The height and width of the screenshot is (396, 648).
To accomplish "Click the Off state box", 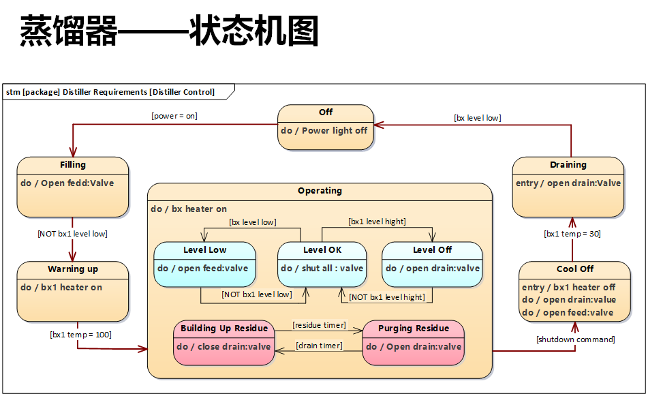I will [326, 127].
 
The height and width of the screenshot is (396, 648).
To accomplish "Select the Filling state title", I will [72, 165].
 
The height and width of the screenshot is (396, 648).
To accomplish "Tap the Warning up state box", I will [72, 291].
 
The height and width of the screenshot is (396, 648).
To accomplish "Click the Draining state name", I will [568, 165].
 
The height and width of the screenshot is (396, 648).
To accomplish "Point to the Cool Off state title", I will [574, 269].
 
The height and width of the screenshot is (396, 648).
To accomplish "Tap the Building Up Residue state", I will [224, 341].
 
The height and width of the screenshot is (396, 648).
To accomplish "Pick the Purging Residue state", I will [413, 341].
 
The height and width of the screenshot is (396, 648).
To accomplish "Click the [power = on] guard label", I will [174, 116].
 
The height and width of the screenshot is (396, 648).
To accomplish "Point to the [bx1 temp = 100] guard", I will [80, 335].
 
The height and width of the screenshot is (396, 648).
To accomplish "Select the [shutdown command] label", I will [575, 339].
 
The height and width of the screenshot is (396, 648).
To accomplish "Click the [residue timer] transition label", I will [319, 325].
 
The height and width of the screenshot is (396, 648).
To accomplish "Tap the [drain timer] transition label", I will [318, 346].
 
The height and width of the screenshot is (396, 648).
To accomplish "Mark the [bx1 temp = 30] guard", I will [572, 234].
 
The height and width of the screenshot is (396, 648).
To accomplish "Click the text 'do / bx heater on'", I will [189, 209].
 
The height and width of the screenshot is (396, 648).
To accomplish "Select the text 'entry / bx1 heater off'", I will [568, 288].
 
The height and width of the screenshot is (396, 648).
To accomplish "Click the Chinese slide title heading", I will [169, 31].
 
